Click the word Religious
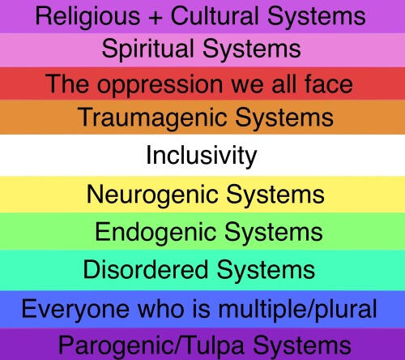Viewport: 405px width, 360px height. tap(87, 17)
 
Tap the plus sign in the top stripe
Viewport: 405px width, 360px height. tap(156, 18)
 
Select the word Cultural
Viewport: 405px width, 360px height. tap(215, 15)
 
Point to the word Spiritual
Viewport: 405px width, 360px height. tap(148, 49)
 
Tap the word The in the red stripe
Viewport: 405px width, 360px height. tap(67, 84)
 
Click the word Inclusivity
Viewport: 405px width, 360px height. tap(202, 156)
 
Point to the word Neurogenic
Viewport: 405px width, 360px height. tap(152, 195)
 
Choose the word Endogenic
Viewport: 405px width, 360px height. tap(156, 233)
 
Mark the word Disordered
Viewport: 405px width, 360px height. tap(146, 269)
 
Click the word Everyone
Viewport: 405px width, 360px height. tap(75, 310)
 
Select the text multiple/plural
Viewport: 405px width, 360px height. tap(297, 310)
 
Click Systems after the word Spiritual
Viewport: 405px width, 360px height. tap(252, 49)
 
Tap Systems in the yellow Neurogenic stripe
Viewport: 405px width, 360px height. tap(275, 195)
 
